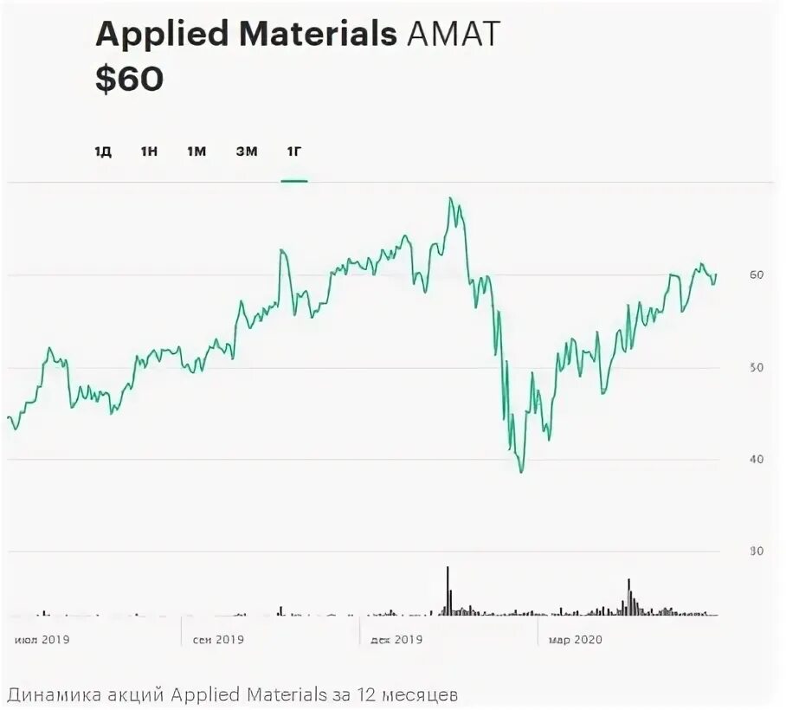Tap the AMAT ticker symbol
(449, 35)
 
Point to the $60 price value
(129, 80)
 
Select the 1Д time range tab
(103, 152)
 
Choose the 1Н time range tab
(149, 152)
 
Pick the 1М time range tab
(196, 152)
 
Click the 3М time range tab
(247, 152)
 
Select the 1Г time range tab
(294, 152)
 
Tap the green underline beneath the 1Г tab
(294, 181)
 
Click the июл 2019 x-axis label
(42, 641)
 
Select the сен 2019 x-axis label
(218, 641)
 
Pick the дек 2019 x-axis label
(396, 641)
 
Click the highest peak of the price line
(450, 198)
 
